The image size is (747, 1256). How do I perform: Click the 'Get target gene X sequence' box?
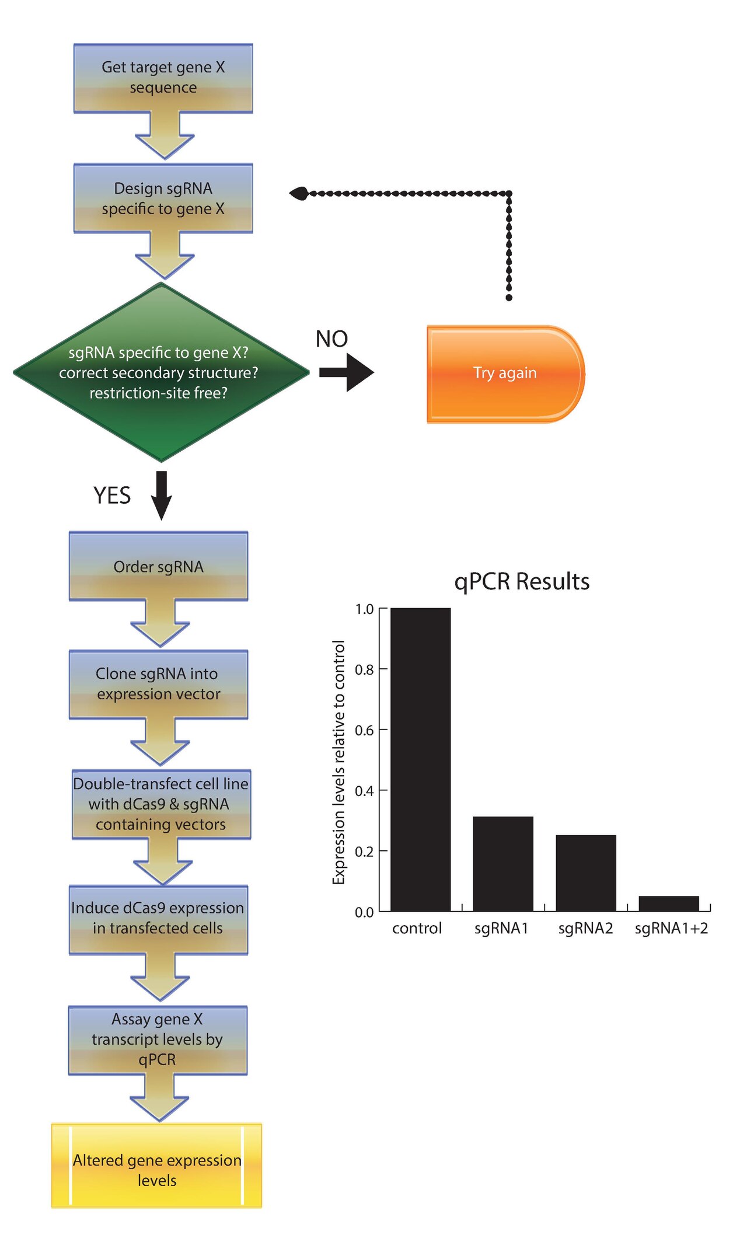click(x=163, y=78)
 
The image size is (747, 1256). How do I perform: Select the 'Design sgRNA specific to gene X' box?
click(x=163, y=198)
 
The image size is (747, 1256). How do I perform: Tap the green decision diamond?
click(x=161, y=372)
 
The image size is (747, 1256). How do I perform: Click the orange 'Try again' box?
click(x=506, y=374)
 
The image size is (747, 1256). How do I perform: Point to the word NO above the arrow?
click(x=331, y=339)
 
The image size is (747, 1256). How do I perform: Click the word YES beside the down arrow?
click(x=112, y=496)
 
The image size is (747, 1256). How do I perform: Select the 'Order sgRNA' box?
click(x=159, y=566)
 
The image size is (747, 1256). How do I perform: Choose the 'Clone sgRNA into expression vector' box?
click(x=159, y=684)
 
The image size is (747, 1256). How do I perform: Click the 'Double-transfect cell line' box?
click(x=162, y=804)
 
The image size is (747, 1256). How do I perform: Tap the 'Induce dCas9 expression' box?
click(x=159, y=920)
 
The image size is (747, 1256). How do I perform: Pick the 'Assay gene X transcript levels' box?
click(x=158, y=1040)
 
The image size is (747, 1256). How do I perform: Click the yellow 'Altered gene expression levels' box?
click(x=156, y=1166)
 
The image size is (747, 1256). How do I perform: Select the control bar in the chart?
click(x=420, y=759)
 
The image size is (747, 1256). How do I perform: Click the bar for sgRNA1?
click(x=503, y=864)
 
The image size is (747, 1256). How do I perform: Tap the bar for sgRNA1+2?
click(x=669, y=903)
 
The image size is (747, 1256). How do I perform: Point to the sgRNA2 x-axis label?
click(x=585, y=929)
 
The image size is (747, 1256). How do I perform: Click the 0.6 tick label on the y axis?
click(x=364, y=730)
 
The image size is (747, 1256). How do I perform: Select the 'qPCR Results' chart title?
click(x=522, y=581)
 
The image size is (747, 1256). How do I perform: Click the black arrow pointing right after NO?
click(x=347, y=372)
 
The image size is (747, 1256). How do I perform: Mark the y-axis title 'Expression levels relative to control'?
click(x=339, y=762)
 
